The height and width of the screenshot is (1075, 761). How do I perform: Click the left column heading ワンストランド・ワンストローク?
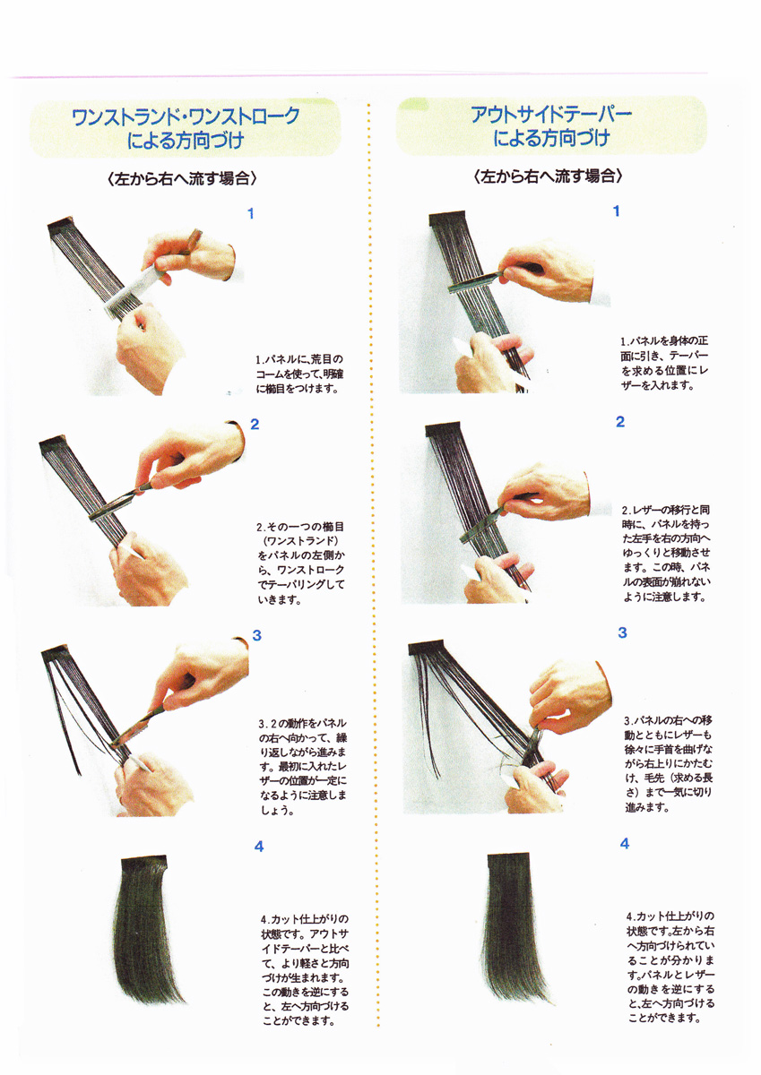186,116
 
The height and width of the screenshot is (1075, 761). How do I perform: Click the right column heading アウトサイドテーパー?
551,115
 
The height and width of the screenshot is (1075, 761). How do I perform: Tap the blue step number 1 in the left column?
251,213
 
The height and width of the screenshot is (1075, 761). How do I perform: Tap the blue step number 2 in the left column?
255,425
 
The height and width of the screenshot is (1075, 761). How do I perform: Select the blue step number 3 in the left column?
257,635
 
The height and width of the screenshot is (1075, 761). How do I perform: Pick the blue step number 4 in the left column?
259,847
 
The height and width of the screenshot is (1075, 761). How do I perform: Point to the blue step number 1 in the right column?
617,211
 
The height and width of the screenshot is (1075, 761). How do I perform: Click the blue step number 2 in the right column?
620,422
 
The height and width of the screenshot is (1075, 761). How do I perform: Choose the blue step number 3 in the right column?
623,632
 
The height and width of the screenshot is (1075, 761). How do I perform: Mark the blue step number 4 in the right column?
625,844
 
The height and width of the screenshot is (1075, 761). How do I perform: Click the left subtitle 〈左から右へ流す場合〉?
183,179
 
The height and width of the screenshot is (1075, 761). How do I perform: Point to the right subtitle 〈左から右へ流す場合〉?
548,176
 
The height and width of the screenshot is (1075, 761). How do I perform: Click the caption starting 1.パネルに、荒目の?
300,374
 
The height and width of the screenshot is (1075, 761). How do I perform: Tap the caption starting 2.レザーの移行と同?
666,553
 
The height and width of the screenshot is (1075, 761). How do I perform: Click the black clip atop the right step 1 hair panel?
447,219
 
